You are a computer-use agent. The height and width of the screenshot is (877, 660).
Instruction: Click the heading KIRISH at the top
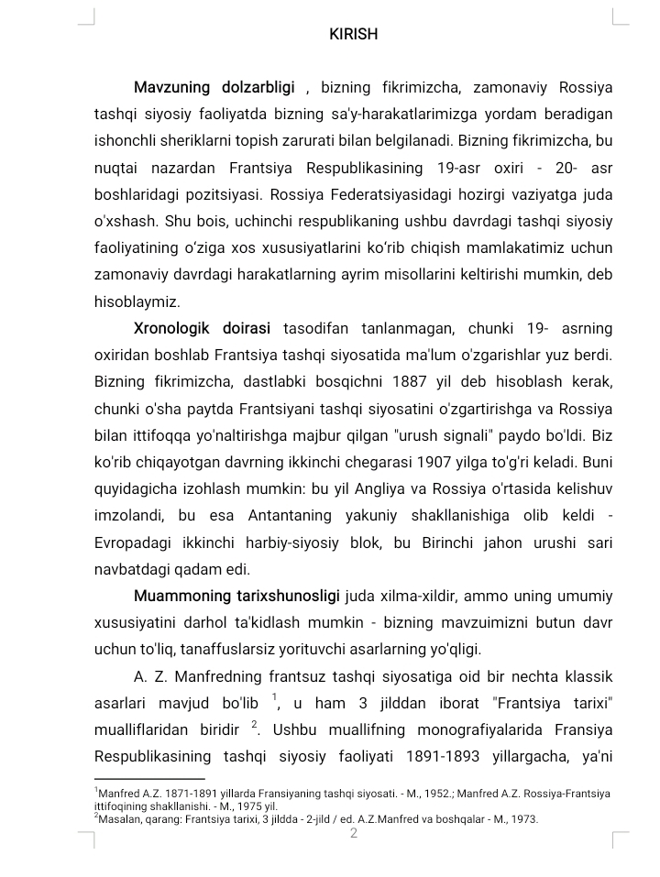click(353, 34)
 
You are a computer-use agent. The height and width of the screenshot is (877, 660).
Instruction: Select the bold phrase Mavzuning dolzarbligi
click(214, 88)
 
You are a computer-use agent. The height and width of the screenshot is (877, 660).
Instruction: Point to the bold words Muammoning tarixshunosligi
click(237, 597)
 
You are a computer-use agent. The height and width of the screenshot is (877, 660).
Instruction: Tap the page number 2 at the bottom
click(353, 833)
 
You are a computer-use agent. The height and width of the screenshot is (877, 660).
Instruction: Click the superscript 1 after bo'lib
click(274, 697)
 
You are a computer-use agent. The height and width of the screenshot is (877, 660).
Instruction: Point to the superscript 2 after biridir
click(255, 724)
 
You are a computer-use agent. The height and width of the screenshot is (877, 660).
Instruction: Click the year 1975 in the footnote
click(223, 806)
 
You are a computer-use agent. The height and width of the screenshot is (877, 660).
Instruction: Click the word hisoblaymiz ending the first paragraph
click(137, 301)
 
